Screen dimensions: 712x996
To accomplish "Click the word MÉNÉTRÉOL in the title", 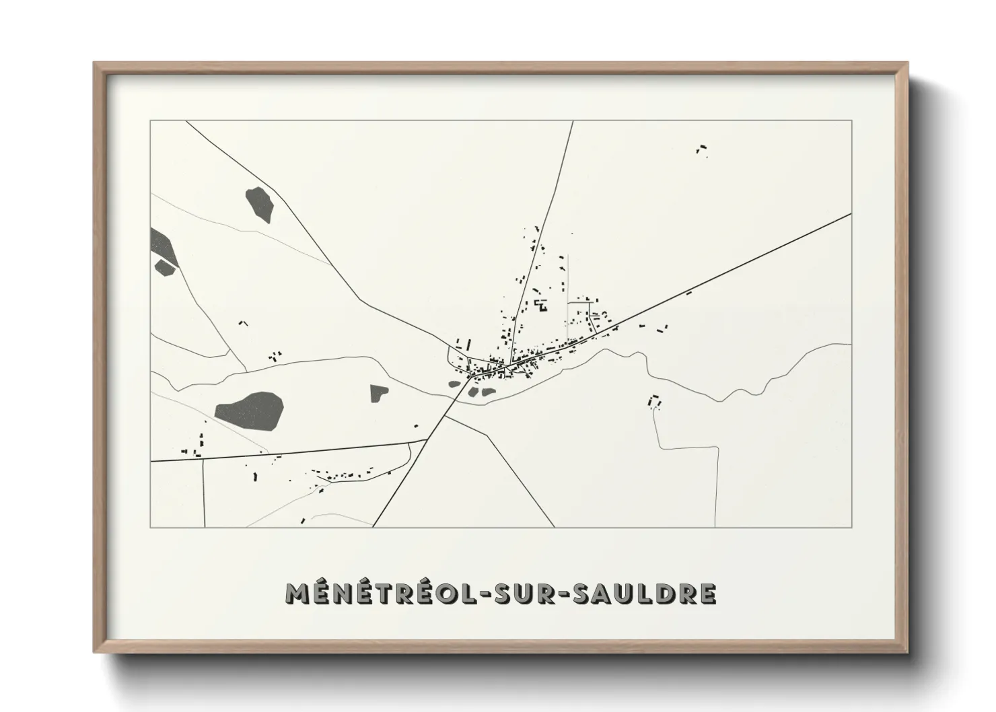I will click(378, 594).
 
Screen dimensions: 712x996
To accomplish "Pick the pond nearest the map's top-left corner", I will click(260, 204).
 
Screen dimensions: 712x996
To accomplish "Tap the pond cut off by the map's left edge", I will click(162, 245).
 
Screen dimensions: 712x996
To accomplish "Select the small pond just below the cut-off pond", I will click(164, 267).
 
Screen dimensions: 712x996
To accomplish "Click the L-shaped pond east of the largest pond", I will click(378, 393).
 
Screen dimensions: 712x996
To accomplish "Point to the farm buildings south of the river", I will click(653, 402).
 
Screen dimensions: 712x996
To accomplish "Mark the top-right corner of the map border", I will click(851, 120).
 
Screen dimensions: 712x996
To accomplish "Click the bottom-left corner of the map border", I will click(150, 527).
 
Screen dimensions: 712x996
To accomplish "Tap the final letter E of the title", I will click(707, 594).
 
